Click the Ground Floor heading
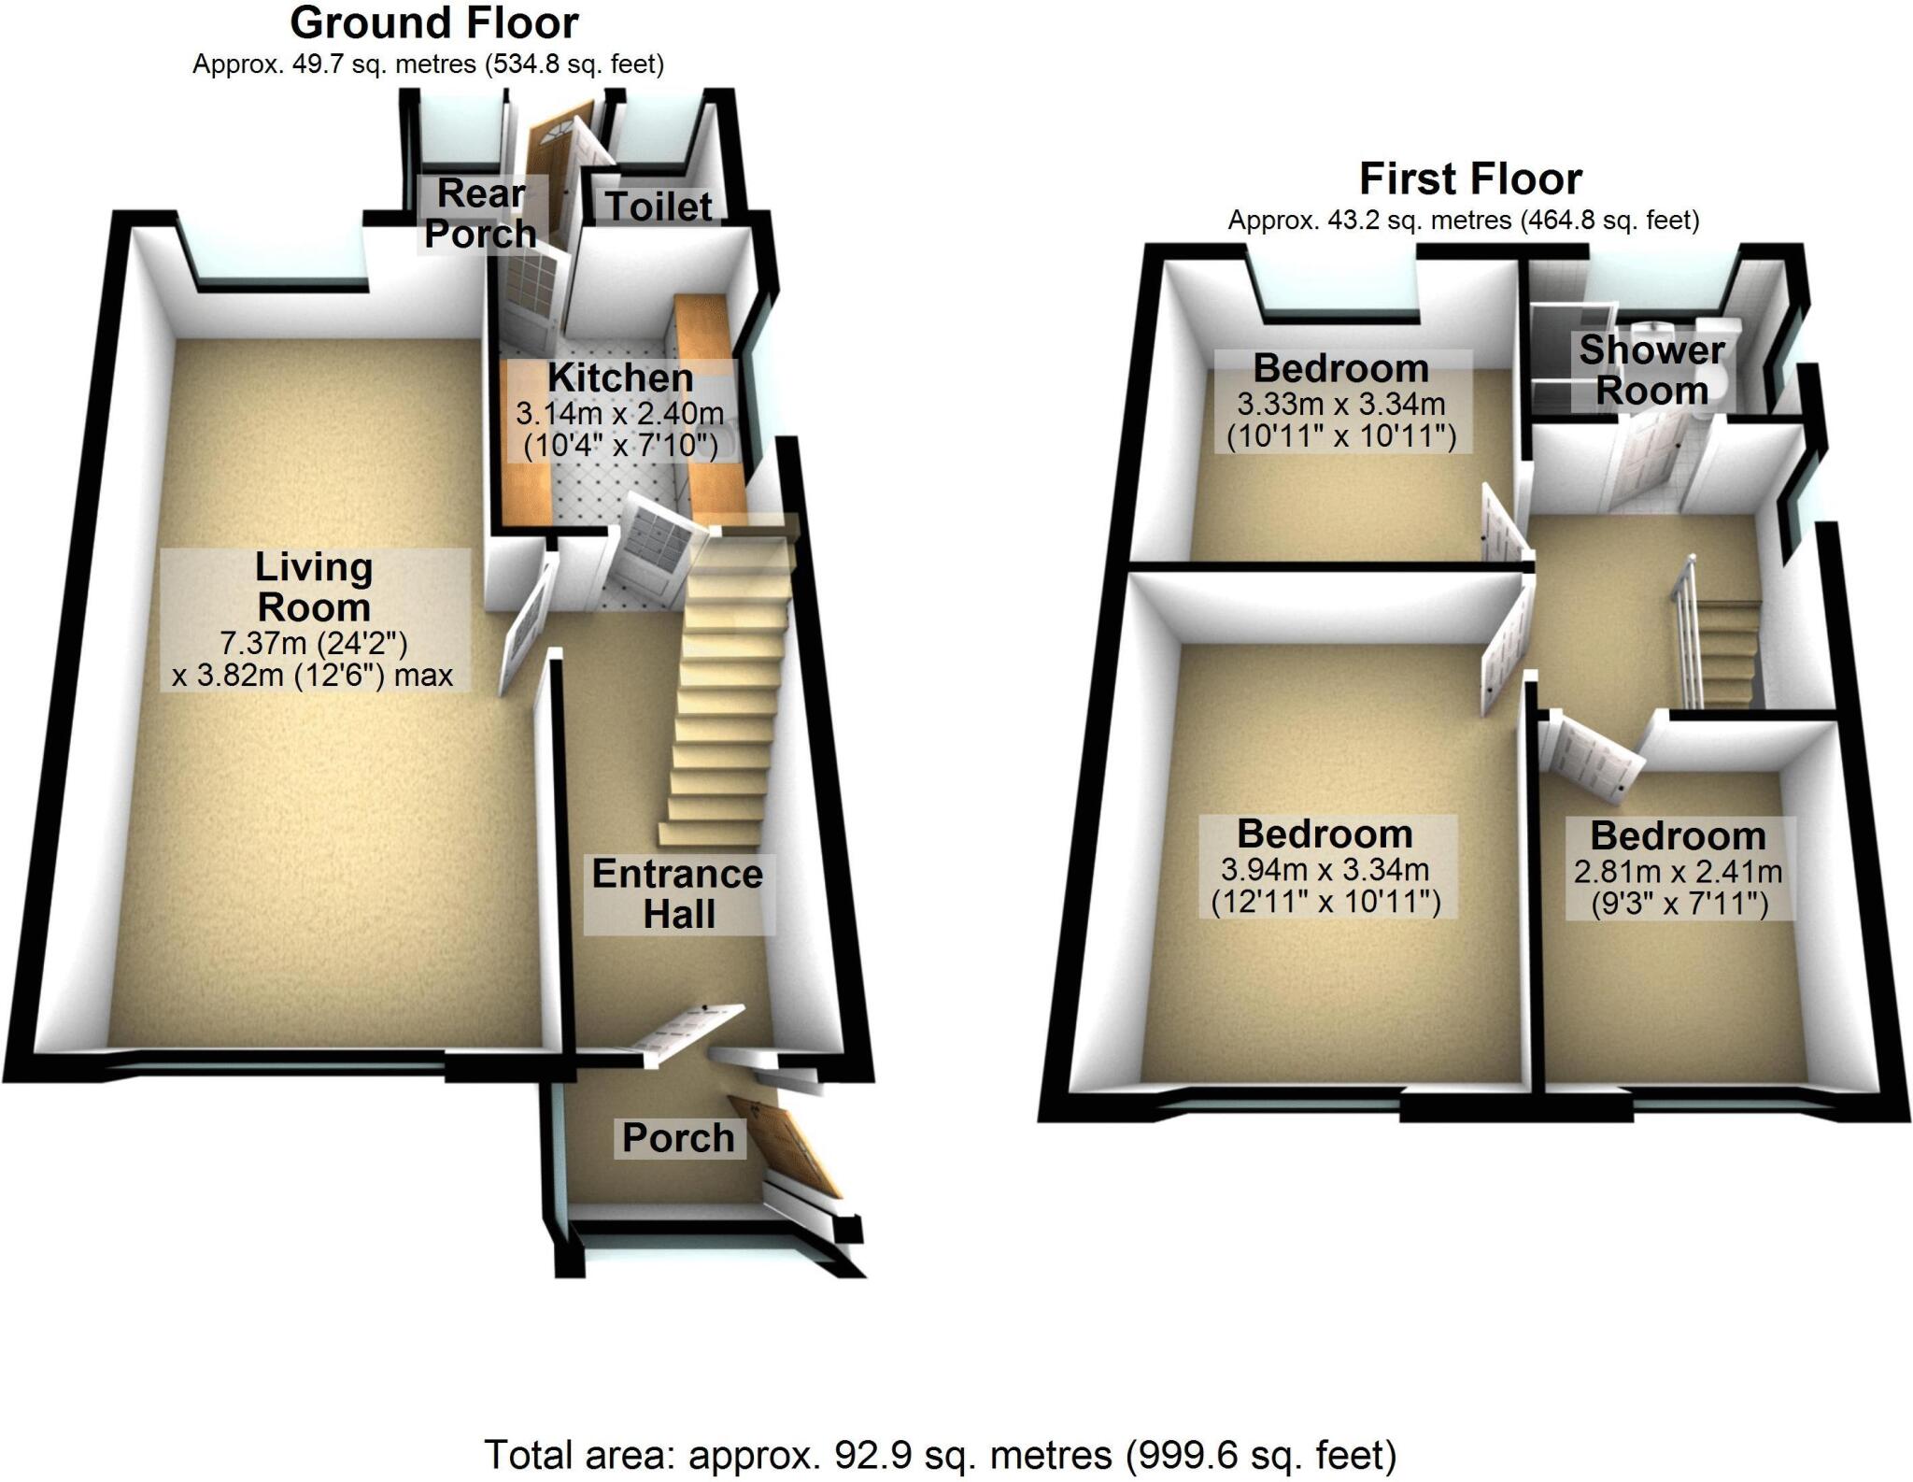click(433, 23)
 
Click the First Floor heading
click(1469, 178)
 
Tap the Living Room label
click(314, 588)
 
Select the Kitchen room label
click(620, 378)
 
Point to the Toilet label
click(659, 207)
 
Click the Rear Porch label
click(480, 214)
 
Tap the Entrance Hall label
click(678, 894)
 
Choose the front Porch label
click(678, 1138)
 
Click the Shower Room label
click(1651, 370)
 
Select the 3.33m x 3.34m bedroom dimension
click(1341, 405)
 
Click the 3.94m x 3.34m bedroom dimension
click(1325, 870)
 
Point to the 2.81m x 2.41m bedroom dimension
click(1678, 872)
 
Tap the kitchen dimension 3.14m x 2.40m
click(620, 412)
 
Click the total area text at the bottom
click(940, 1455)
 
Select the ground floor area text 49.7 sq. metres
click(428, 64)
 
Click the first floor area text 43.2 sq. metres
click(1463, 221)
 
